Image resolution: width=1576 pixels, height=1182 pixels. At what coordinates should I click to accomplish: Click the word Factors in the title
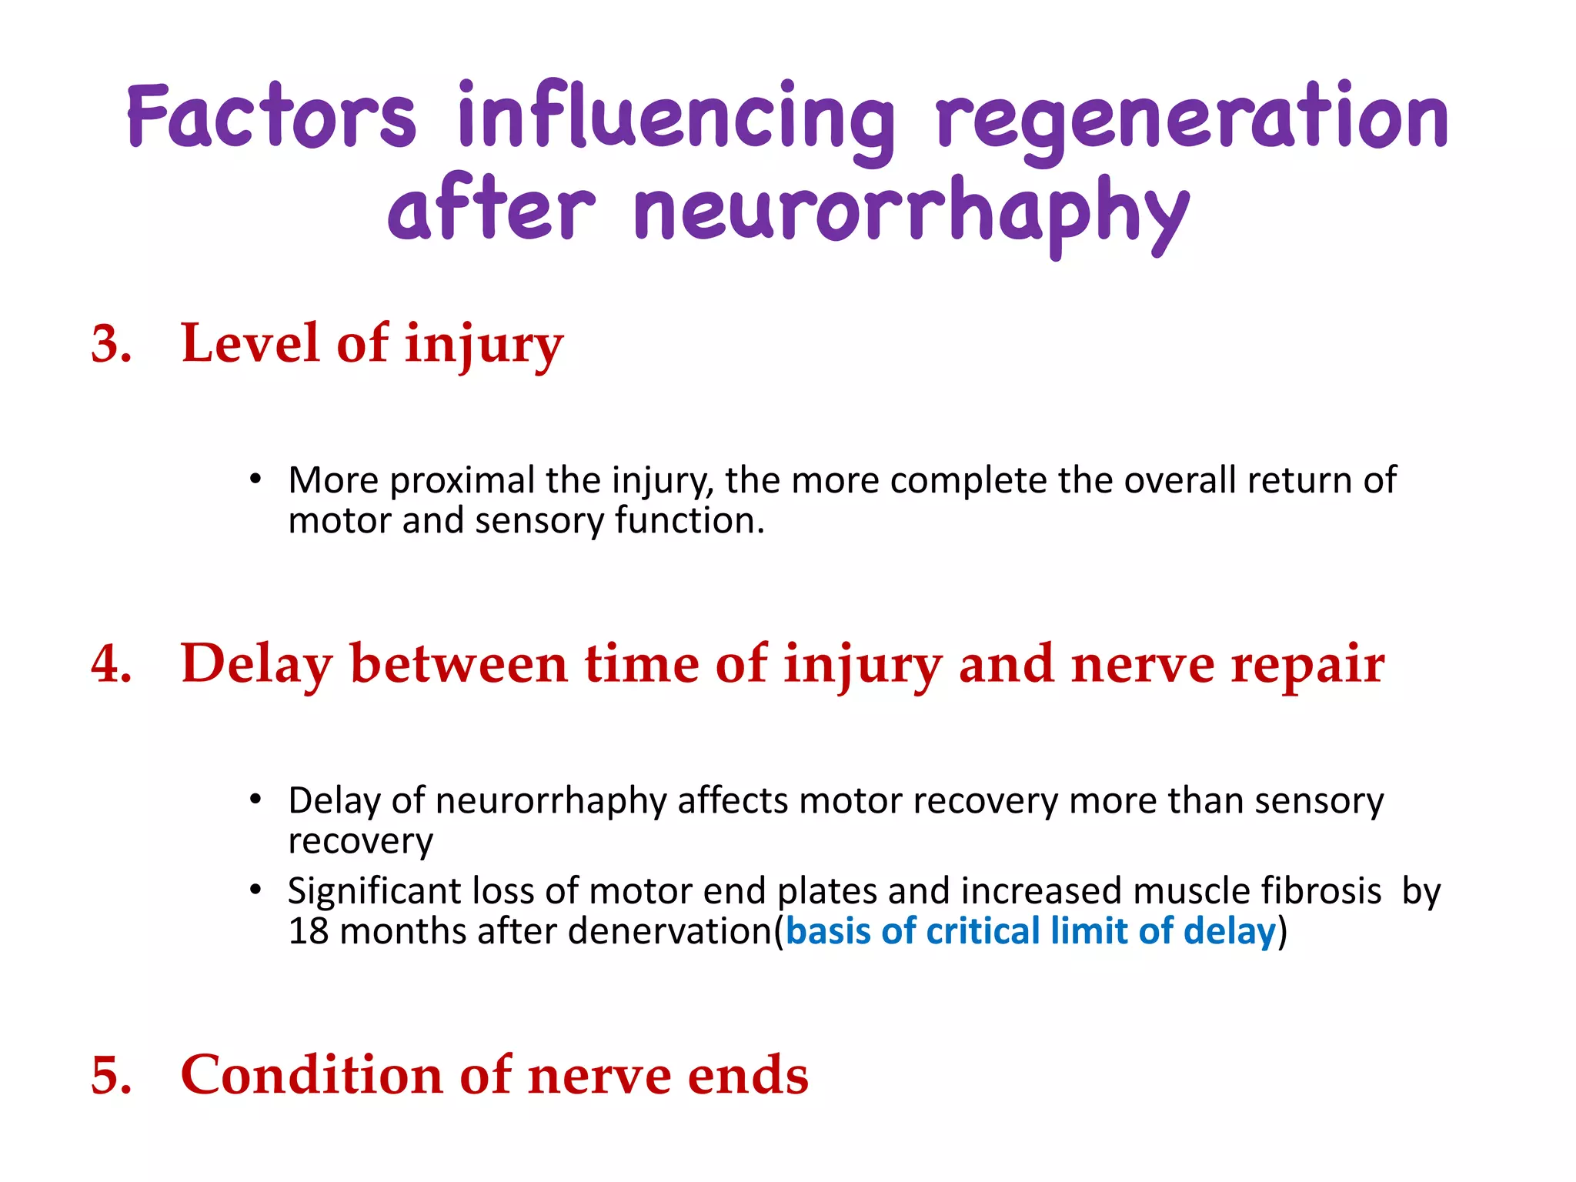[272, 117]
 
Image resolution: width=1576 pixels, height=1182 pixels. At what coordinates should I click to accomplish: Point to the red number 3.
[109, 344]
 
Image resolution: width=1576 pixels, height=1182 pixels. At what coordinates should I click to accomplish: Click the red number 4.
[109, 664]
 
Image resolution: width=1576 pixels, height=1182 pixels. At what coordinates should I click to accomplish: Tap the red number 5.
[109, 1075]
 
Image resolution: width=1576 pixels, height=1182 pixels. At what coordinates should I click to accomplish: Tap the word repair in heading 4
[1307, 664]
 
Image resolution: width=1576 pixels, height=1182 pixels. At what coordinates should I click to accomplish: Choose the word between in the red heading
[459, 663]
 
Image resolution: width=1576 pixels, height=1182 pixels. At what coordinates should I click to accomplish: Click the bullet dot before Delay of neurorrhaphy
[255, 800]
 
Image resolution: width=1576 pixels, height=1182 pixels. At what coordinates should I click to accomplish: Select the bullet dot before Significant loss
[255, 890]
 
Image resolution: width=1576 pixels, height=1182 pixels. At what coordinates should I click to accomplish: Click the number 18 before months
[309, 931]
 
